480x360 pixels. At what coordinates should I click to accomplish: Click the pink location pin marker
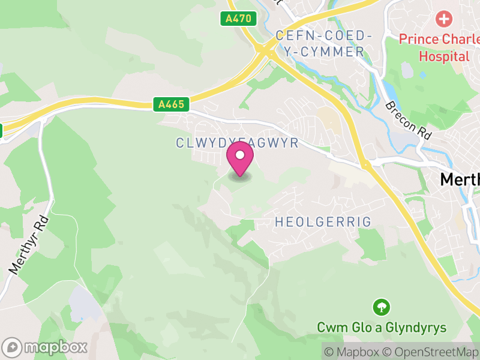tap(240, 159)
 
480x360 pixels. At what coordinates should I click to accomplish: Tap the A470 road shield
tap(238, 19)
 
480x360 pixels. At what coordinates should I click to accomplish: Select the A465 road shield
tap(171, 104)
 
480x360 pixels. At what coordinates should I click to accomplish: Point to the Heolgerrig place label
tap(323, 222)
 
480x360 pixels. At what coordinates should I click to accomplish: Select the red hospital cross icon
tap(444, 19)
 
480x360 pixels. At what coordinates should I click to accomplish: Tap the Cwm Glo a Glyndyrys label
tap(382, 328)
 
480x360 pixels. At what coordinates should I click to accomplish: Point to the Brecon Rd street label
tap(409, 120)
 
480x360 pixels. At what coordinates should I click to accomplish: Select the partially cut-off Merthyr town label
tap(460, 179)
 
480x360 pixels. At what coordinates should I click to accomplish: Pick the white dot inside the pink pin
tap(240, 155)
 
